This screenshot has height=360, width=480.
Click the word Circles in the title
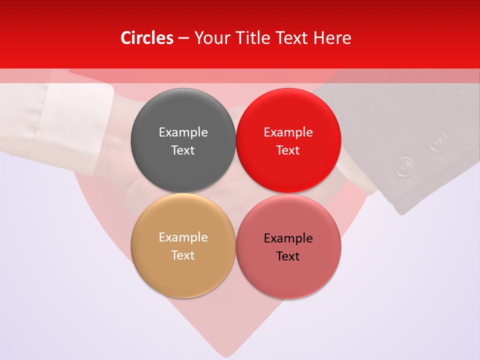[x=147, y=38]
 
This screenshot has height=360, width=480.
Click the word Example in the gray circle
[x=183, y=132]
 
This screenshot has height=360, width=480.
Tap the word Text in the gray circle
[x=183, y=150]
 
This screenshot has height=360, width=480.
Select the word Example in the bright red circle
[x=288, y=132]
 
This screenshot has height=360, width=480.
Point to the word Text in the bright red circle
[x=288, y=150]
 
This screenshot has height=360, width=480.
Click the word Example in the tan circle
[x=183, y=237]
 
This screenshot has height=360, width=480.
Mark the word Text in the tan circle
[x=183, y=255]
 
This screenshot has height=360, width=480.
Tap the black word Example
[x=288, y=238]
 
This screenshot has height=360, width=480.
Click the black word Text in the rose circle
[x=288, y=256]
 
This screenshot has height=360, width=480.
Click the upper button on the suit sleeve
[x=438, y=141]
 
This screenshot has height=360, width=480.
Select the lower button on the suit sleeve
[x=405, y=166]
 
